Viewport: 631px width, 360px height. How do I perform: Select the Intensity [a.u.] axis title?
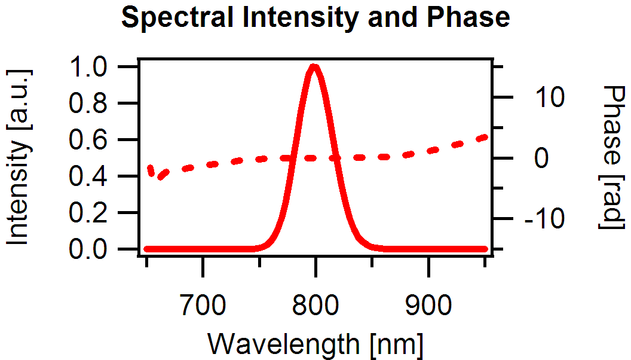coord(20,157)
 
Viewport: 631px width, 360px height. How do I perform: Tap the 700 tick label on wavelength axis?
coord(203,306)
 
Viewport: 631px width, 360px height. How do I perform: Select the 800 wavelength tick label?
coord(315,306)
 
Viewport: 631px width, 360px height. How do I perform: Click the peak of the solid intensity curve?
coord(314,66)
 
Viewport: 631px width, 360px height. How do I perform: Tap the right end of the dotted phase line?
coord(485,138)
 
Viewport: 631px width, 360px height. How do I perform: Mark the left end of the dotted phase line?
coord(150,168)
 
